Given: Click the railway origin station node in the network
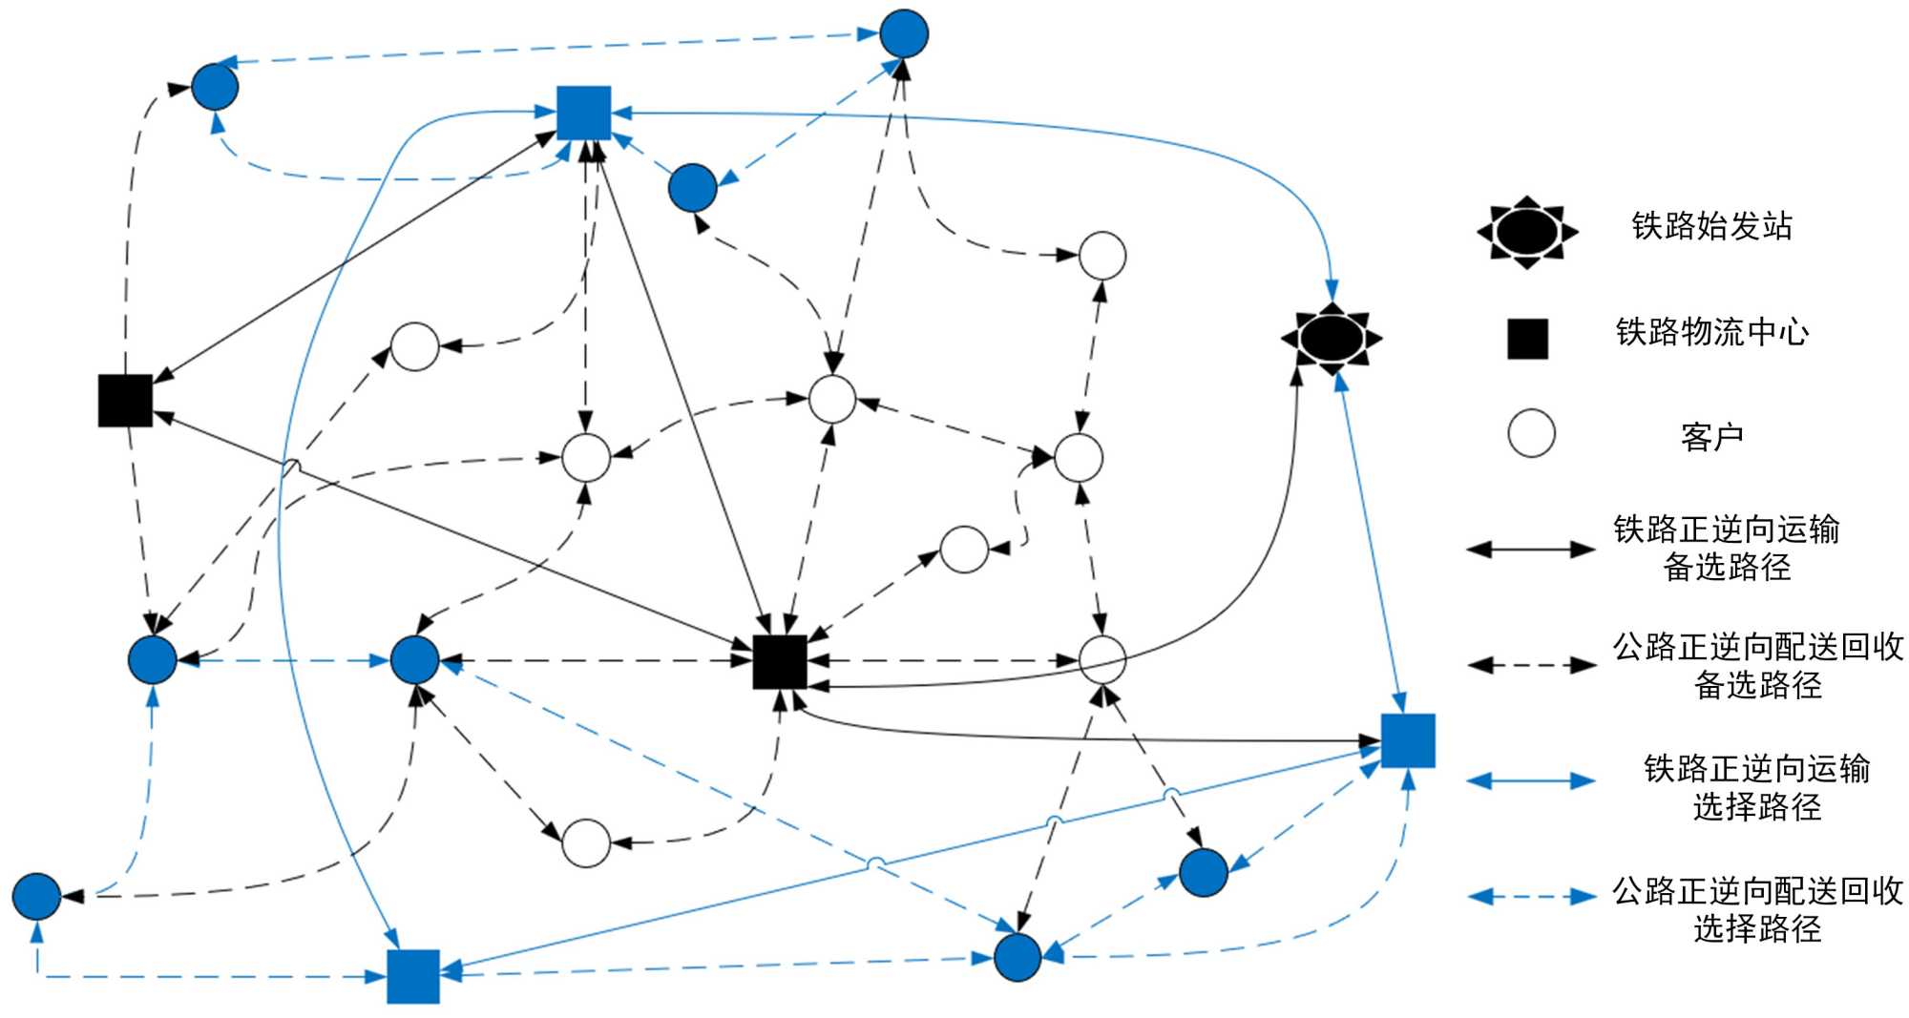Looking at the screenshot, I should pos(1332,338).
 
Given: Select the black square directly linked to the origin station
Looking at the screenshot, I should pos(780,661).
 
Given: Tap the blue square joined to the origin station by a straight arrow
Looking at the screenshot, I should pos(1408,740).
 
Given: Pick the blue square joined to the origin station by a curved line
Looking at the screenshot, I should pos(583,113).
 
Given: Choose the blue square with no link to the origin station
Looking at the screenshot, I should pos(413,976).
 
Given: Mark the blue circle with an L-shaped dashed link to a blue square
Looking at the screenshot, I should pos(36,896).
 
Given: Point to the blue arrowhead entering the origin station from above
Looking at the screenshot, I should pos(1332,291).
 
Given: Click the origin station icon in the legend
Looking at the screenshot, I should pos(1526,231).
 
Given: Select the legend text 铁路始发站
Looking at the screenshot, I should pos(1711,226).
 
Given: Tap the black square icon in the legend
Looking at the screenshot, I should pos(1527,339).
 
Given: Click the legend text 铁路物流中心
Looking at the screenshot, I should pos(1711,332).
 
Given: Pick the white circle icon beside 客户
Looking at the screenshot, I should pos(1531,434).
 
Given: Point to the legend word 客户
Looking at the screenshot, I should pos(1711,437).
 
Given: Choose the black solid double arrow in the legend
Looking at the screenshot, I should pos(1531,549).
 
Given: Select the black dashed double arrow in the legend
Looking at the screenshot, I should pos(1531,665).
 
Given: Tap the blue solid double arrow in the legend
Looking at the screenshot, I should pos(1531,781).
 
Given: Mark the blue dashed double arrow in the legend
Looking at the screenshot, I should pos(1531,896).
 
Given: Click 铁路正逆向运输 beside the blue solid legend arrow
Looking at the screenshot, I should pos(1756,768).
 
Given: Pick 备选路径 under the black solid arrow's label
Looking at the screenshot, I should pos(1727,567).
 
